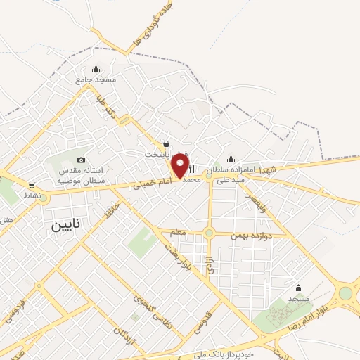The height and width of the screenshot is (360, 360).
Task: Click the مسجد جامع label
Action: pyautogui.click(x=95, y=80)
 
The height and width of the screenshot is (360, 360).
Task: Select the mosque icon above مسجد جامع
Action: pyautogui.click(x=96, y=69)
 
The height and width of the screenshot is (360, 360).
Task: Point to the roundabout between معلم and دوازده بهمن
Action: pyautogui.click(x=209, y=233)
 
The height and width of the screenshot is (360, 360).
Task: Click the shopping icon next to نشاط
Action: pyautogui.click(x=31, y=186)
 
